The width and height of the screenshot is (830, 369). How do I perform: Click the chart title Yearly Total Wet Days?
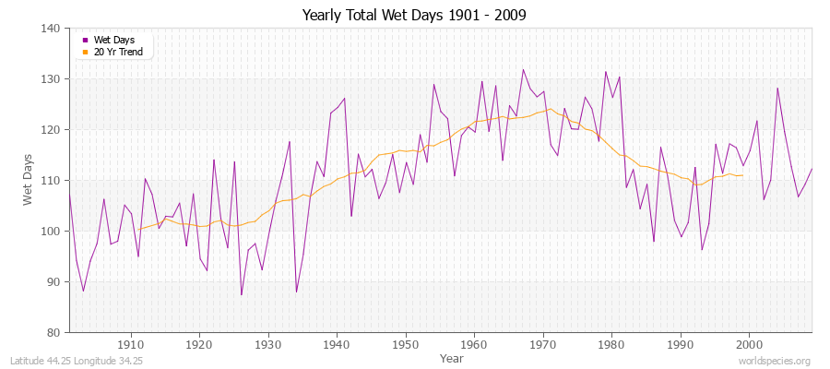(415, 16)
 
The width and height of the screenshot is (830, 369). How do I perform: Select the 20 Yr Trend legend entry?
(117, 52)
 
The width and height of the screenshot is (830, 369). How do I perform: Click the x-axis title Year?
(452, 357)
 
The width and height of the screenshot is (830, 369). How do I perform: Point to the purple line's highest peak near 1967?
(523, 69)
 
